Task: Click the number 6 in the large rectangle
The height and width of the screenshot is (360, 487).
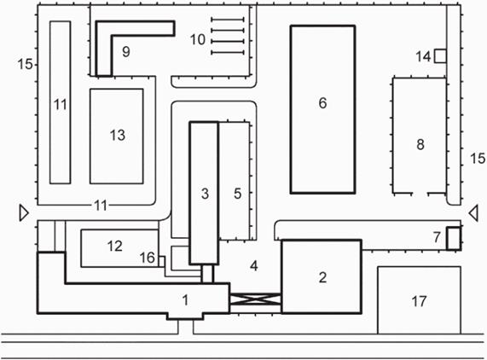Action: (322, 103)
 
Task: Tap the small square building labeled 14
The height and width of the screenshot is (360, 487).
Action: (440, 56)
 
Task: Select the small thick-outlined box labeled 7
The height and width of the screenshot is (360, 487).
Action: (454, 238)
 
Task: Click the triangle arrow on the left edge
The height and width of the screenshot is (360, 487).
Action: (24, 212)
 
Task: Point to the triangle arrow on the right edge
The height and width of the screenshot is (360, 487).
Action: (473, 214)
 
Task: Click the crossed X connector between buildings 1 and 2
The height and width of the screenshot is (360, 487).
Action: (255, 299)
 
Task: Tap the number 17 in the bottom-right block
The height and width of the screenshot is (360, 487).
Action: (419, 301)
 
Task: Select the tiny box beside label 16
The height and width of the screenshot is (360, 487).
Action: (161, 262)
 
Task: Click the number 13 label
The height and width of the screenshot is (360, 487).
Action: (118, 135)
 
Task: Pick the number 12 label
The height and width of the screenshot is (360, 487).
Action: (114, 246)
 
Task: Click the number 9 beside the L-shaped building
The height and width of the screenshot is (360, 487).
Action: (125, 51)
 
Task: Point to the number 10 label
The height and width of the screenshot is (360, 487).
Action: (198, 40)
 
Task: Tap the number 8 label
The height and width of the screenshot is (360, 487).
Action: (420, 144)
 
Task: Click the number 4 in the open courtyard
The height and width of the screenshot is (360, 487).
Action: (254, 266)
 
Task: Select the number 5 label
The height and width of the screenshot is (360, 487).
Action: (237, 194)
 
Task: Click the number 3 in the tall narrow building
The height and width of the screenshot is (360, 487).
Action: (205, 194)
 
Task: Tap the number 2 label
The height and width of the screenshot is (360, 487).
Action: (322, 277)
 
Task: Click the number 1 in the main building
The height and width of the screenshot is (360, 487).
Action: (185, 300)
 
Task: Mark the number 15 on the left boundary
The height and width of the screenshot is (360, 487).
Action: (25, 64)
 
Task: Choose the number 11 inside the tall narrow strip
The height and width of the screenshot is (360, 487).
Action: (61, 105)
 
